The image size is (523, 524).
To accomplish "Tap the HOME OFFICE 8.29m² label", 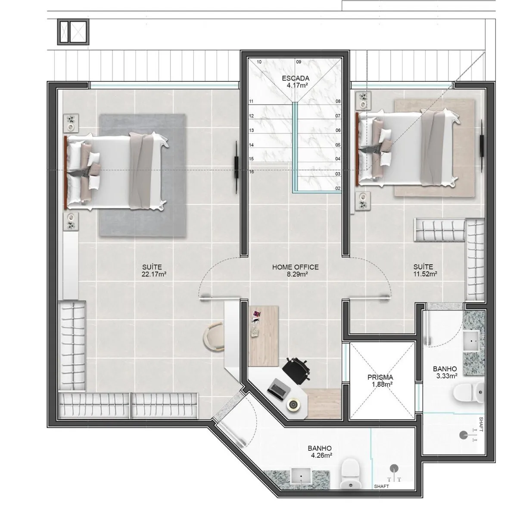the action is tap(296, 270).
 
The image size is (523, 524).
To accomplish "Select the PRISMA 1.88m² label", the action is tap(380, 381).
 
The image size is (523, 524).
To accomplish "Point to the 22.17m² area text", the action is tap(154, 274).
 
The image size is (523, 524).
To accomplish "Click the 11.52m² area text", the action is tap(425, 274).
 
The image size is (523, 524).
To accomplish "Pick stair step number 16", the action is tap(252, 172).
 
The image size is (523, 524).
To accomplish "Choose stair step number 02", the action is tap(338, 189).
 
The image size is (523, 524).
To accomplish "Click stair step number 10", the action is tap(259, 62).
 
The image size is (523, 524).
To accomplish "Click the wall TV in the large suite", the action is tap(237, 167).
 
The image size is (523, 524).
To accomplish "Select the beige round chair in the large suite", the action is tap(214, 337).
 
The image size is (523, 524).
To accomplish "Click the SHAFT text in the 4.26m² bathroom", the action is tap(382, 494).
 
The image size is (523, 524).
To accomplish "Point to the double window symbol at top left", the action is tap(73, 32).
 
